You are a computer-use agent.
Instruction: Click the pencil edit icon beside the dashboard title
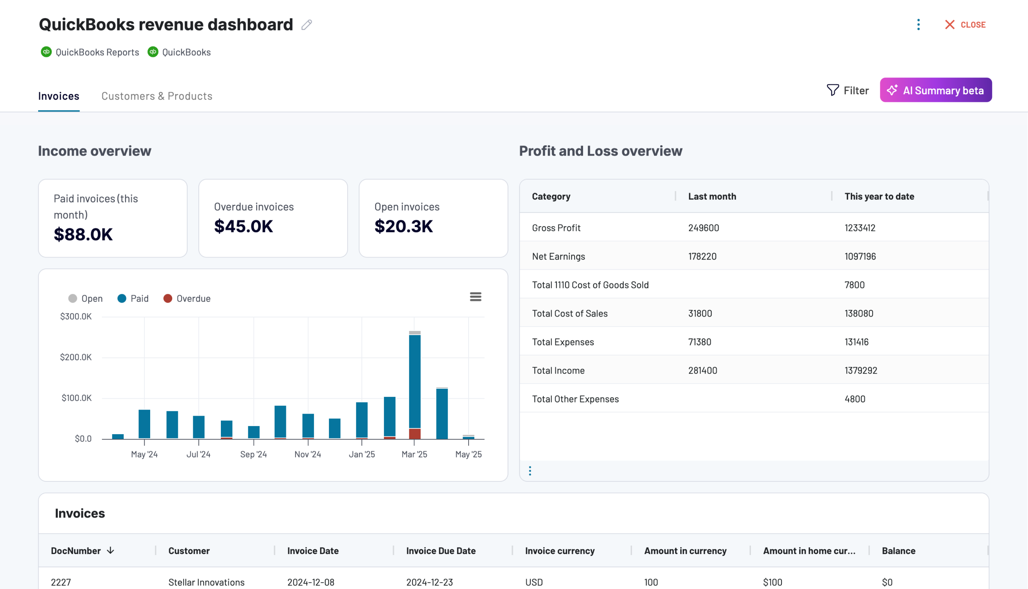pyautogui.click(x=306, y=25)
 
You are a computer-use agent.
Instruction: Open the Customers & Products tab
pyautogui.click(x=157, y=96)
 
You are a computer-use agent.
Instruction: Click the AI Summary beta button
pyautogui.click(x=935, y=90)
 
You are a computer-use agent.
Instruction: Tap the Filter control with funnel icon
pyautogui.click(x=847, y=90)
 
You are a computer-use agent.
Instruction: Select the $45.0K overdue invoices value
pyautogui.click(x=243, y=226)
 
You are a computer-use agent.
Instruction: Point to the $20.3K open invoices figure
pyautogui.click(x=403, y=226)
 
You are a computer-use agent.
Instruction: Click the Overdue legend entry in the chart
pyautogui.click(x=187, y=299)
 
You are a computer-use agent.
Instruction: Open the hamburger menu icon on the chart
pyautogui.click(x=475, y=297)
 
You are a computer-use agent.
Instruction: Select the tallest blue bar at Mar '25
pyautogui.click(x=414, y=380)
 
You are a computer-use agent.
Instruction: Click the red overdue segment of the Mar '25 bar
pyautogui.click(x=414, y=434)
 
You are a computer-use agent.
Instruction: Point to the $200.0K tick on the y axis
pyautogui.click(x=76, y=357)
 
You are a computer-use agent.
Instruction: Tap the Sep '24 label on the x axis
pyautogui.click(x=253, y=454)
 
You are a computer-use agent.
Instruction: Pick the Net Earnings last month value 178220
pyautogui.click(x=702, y=256)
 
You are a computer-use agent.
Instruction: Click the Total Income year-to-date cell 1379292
pyautogui.click(x=861, y=371)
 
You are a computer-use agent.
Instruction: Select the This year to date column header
pyautogui.click(x=879, y=197)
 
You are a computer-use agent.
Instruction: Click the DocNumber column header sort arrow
pyautogui.click(x=110, y=550)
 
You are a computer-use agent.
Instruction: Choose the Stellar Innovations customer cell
pyautogui.click(x=206, y=582)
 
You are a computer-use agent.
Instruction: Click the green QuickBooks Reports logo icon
pyautogui.click(x=46, y=52)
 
